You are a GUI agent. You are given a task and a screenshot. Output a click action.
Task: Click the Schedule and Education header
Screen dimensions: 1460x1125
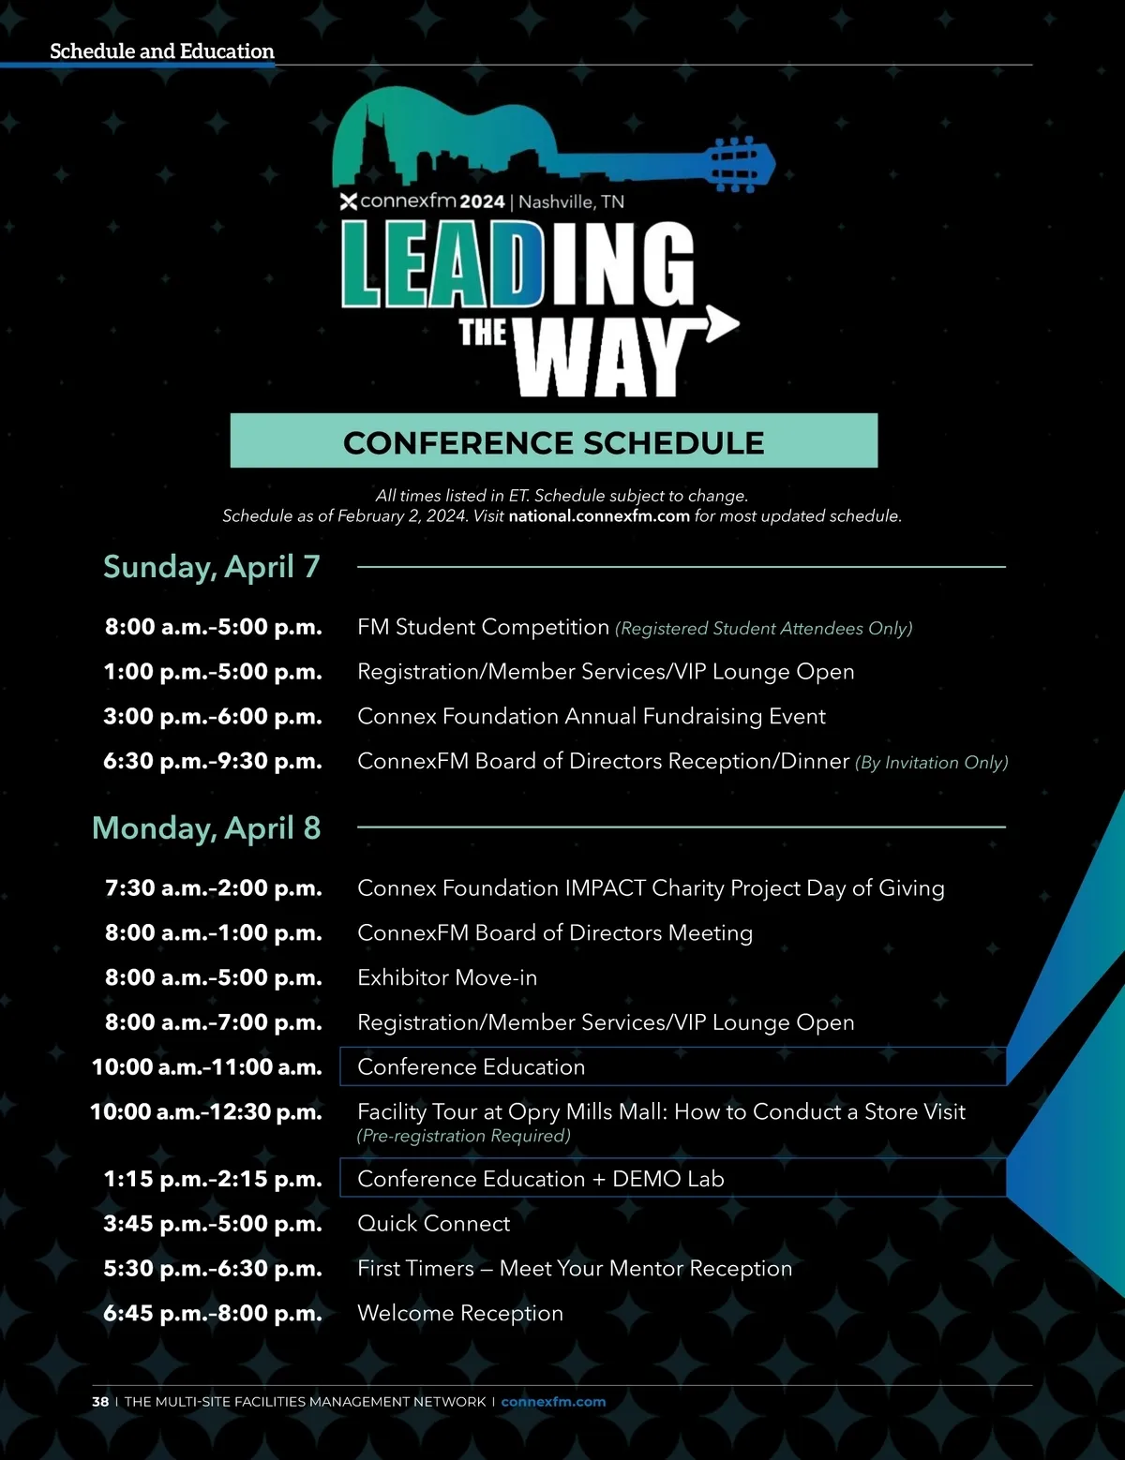(162, 52)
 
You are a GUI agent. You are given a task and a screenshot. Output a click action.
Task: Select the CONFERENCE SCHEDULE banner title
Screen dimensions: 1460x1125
(553, 442)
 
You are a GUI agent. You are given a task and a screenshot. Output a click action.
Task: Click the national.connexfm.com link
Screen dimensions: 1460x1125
(599, 516)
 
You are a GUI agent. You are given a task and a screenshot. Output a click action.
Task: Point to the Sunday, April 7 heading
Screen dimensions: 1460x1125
(212, 567)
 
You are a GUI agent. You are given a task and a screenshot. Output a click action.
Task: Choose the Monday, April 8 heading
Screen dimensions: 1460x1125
(206, 828)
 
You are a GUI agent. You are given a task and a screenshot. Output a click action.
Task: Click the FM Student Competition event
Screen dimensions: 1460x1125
(483, 627)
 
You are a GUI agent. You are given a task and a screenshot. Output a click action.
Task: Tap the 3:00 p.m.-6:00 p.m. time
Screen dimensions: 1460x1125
(213, 717)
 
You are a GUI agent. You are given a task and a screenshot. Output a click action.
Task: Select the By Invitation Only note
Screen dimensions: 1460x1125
(931, 763)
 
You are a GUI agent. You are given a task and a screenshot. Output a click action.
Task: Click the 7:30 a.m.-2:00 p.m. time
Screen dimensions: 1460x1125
(214, 888)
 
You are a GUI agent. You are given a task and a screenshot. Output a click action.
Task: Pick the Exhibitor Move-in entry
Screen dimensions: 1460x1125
(447, 977)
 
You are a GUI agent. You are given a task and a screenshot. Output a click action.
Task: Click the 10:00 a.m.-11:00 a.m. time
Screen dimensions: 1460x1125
(207, 1067)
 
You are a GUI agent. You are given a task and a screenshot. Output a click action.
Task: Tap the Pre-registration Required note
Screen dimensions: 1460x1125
(464, 1136)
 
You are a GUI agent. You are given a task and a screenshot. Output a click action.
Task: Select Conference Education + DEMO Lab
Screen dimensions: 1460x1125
(541, 1179)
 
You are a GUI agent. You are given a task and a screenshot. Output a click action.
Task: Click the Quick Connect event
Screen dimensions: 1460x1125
(434, 1224)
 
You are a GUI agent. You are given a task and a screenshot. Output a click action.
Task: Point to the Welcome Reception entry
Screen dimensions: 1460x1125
(460, 1314)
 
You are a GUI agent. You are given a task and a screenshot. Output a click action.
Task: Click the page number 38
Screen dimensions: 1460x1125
(100, 1402)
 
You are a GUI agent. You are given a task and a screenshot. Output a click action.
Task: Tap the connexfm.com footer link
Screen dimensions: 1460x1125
(553, 1402)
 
